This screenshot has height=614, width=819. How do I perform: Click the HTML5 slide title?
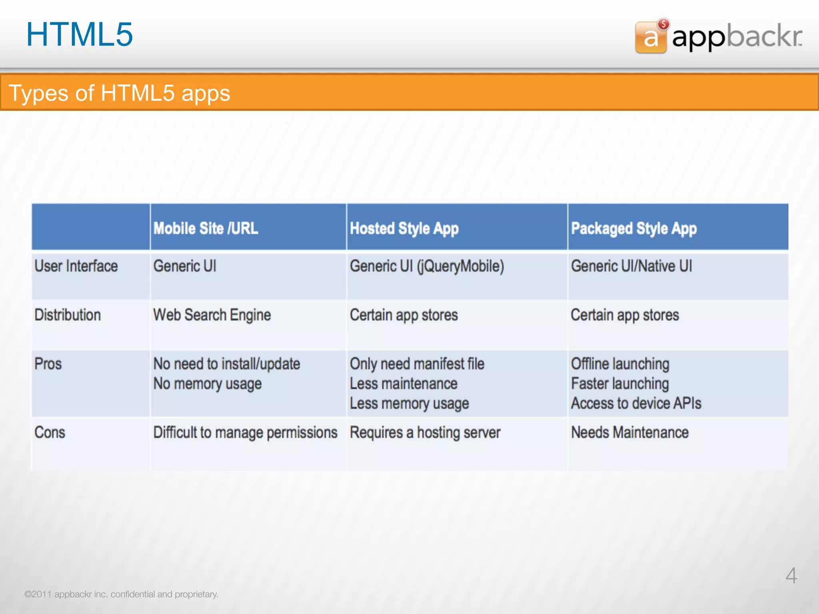79,34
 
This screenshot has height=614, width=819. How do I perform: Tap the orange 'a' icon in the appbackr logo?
651,38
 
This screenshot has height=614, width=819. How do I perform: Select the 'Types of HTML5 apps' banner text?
119,93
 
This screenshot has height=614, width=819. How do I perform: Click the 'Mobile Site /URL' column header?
206,228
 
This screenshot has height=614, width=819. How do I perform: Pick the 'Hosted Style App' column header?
404,229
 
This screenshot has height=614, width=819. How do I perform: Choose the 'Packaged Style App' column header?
633,229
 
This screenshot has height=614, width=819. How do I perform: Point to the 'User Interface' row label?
76,266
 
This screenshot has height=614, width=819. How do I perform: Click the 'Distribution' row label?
68,315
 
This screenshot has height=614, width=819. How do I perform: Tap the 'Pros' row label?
48,364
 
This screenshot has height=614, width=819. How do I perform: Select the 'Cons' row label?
50,433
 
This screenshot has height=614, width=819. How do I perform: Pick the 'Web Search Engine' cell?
212,315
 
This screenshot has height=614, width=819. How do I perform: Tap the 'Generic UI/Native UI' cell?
631,266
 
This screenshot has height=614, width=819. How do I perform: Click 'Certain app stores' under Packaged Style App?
625,315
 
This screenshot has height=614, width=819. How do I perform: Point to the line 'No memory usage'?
208,384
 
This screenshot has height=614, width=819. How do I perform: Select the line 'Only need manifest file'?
417,364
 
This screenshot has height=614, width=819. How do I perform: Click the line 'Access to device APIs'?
636,403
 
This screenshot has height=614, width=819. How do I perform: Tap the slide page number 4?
791,576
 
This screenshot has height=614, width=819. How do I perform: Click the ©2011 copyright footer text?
121,594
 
